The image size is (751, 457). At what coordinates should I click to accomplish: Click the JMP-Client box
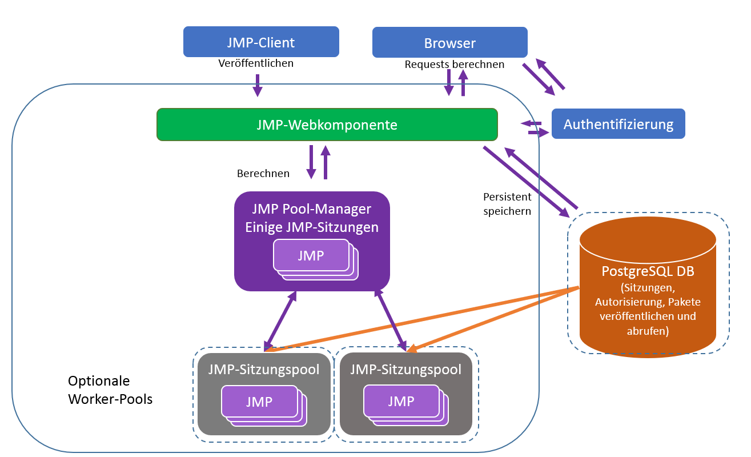(261, 42)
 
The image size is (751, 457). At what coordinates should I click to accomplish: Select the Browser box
(449, 43)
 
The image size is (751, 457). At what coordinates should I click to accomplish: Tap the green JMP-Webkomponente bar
(327, 125)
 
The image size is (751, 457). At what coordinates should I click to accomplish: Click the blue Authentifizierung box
(618, 124)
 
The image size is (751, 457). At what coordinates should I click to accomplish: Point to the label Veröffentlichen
(256, 63)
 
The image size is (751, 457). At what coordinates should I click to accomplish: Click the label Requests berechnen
(454, 65)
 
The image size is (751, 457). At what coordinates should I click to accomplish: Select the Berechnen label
(263, 173)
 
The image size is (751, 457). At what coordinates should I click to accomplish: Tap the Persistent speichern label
(507, 204)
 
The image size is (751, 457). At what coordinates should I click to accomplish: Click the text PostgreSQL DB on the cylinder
(648, 271)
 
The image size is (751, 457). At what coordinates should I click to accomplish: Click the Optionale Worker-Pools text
(110, 390)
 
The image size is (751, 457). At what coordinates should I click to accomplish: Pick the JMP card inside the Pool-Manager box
(311, 255)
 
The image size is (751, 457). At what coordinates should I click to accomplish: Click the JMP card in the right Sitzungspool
(400, 401)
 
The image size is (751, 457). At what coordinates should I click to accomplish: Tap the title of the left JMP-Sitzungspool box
(264, 370)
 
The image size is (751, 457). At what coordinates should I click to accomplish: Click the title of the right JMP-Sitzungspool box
(406, 370)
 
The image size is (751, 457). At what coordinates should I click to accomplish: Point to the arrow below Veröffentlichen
(257, 85)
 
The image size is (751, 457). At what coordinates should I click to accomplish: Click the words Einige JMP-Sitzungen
(312, 227)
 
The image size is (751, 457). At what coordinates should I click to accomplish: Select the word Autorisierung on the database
(628, 302)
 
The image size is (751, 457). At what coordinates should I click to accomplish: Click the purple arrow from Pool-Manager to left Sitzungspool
(280, 320)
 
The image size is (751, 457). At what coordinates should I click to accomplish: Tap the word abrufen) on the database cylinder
(648, 330)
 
